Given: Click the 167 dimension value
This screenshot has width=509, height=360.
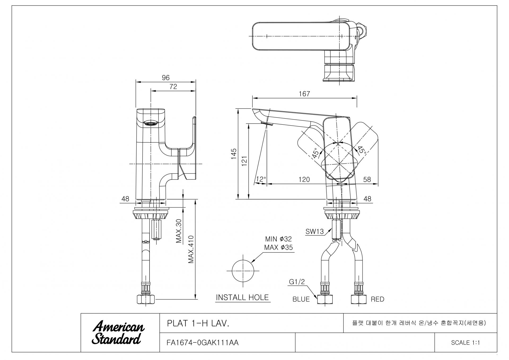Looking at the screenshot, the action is point(304,94).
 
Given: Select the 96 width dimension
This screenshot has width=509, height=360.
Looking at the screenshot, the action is point(166,78).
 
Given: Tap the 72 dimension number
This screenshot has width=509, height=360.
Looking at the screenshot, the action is point(173,87).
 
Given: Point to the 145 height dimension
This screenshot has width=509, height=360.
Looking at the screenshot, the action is point(234,154).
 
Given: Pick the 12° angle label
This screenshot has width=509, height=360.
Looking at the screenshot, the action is point(261,180).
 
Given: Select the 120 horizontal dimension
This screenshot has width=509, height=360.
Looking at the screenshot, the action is point(304,180).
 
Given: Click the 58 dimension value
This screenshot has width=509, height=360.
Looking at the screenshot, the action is point(367,180).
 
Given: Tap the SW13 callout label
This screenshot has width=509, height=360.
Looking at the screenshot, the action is point(315,232).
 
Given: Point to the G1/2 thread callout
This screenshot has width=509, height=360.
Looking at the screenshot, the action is point(297,282).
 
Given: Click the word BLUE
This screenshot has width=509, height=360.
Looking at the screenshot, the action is point(301,299).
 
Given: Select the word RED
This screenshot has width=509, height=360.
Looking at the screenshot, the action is point(377,299).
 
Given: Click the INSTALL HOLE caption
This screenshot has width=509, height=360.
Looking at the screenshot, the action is point(242,297).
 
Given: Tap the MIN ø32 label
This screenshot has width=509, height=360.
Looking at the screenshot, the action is point(278,239).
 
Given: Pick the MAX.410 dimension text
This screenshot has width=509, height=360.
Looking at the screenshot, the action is point(191,249).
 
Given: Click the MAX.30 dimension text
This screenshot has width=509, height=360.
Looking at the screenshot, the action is point(179,231).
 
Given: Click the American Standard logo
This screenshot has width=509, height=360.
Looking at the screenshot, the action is point(118,333).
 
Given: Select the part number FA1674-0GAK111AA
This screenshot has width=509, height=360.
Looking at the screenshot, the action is point(203,343).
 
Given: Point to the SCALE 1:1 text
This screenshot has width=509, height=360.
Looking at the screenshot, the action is point(466,343).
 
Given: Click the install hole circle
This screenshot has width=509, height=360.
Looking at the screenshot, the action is point(243,271).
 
